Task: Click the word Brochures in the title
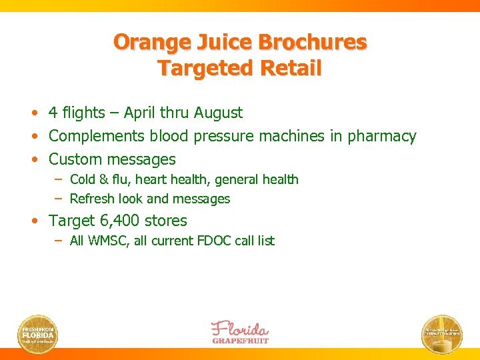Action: (312, 42)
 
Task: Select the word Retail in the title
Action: (290, 68)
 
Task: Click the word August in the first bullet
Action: (218, 113)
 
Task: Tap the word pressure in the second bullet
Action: (225, 137)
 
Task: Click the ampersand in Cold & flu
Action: (102, 179)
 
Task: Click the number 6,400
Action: (119, 221)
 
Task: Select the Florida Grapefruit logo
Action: (240, 332)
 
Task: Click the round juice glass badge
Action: (442, 333)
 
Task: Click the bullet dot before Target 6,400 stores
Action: (41, 221)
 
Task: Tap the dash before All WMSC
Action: (59, 241)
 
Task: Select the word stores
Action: (167, 221)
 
